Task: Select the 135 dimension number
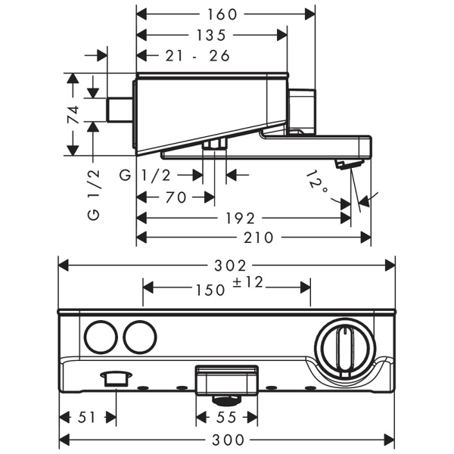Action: [x=211, y=35]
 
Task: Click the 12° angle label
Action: [x=319, y=182]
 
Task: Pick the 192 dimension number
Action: [x=240, y=218]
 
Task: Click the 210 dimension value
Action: [x=259, y=238]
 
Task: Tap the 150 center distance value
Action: [x=210, y=289]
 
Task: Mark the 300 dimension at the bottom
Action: [x=227, y=438]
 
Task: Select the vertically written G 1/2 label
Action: [x=94, y=195]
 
